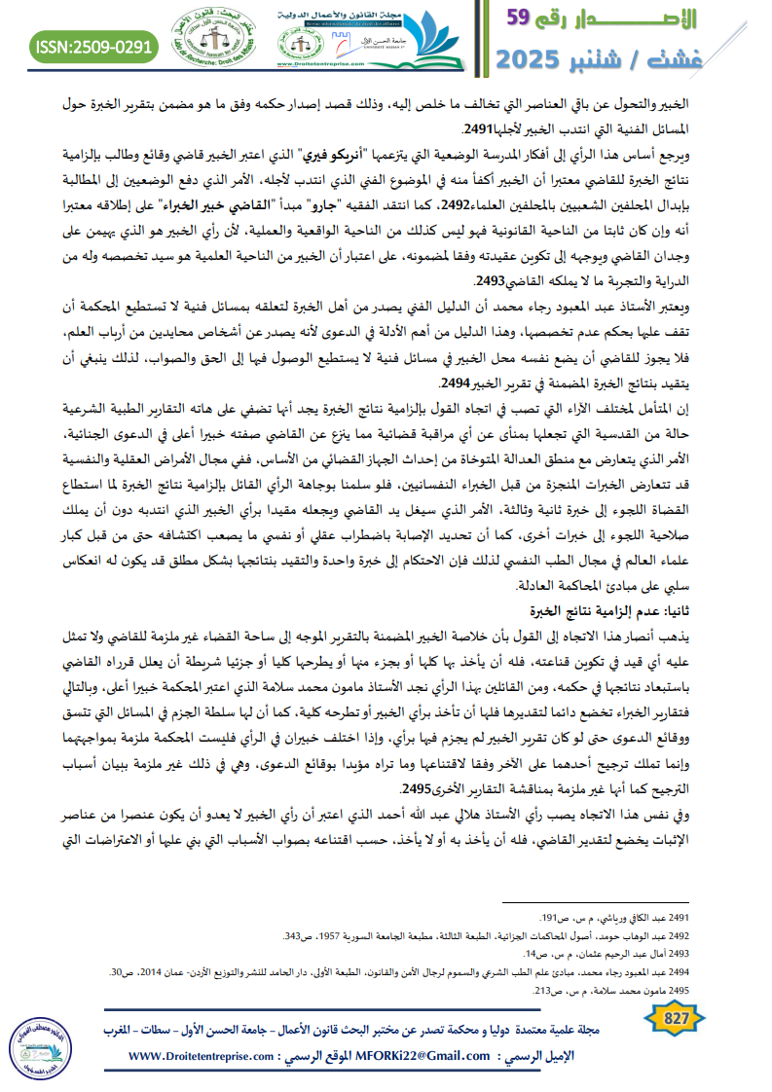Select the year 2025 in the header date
[x=538, y=57]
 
